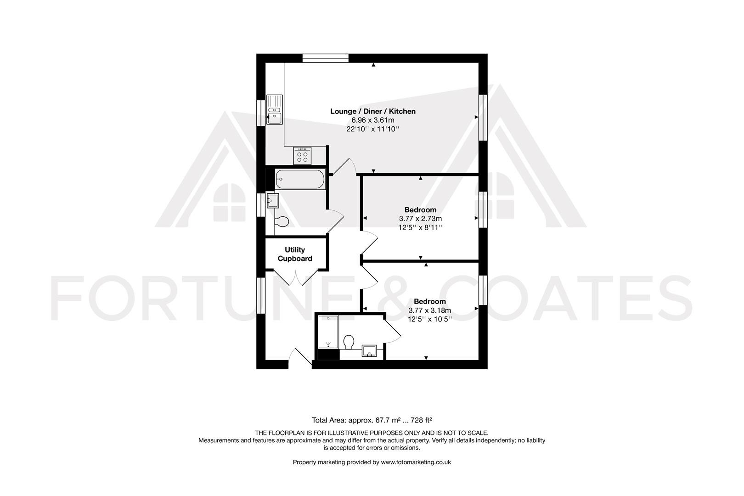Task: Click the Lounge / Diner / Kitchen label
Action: [x=373, y=111]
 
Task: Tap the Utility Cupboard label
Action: [x=295, y=254]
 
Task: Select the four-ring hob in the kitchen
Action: [x=302, y=156]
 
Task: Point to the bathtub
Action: [x=300, y=179]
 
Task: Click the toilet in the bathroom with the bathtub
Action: [x=281, y=222]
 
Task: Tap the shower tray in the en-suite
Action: [x=328, y=332]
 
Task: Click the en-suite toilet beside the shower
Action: [x=349, y=342]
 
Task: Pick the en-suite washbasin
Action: [x=369, y=351]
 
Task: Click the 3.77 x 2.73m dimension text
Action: [x=420, y=219]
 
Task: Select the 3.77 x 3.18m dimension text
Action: [x=429, y=310]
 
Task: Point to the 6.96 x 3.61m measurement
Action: [x=373, y=120]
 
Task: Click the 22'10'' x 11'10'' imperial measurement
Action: [x=373, y=129]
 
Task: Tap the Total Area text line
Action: [x=372, y=420]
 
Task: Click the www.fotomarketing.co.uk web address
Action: [x=416, y=462]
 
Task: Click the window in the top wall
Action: [x=326, y=58]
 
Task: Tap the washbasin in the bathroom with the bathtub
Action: [x=273, y=201]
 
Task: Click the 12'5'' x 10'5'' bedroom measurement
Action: [x=429, y=318]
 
